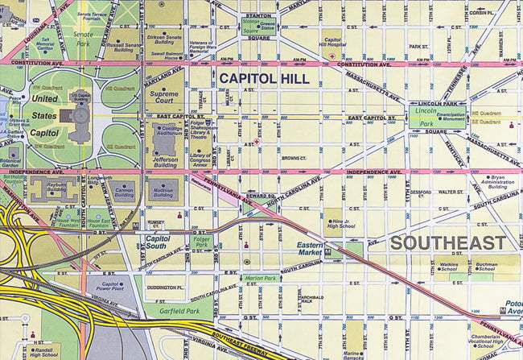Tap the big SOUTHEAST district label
point(449,242)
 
